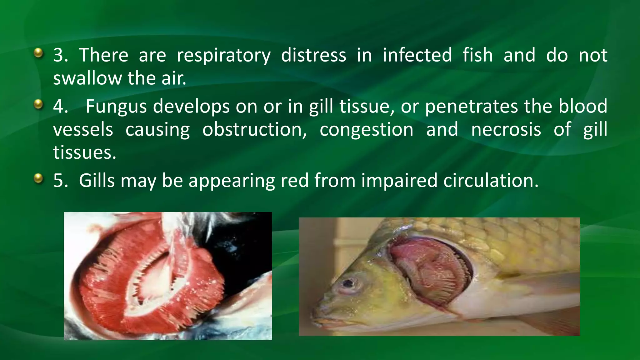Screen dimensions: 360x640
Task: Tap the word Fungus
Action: pos(116,106)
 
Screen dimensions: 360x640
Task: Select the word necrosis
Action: pos(506,129)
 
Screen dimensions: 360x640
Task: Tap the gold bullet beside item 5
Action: pos(38,178)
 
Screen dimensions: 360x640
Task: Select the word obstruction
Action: pos(254,129)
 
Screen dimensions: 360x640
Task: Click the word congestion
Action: pos(366,129)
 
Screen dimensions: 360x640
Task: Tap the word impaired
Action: pos(399,181)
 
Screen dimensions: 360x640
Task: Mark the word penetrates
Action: pos(471,106)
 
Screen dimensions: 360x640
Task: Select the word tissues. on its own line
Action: pos(84,152)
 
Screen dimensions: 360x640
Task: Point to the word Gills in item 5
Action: pos(97,181)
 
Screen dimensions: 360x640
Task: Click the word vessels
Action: pos(83,129)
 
